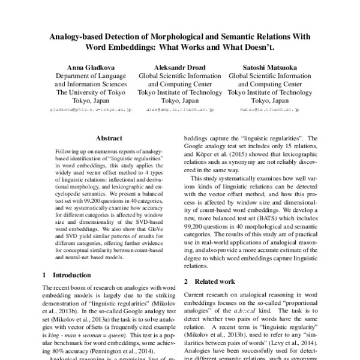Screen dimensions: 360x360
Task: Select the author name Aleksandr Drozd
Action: click(x=180, y=67)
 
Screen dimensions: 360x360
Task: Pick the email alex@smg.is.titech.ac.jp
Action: click(x=180, y=111)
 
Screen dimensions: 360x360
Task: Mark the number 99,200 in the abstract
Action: click(x=100, y=194)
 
